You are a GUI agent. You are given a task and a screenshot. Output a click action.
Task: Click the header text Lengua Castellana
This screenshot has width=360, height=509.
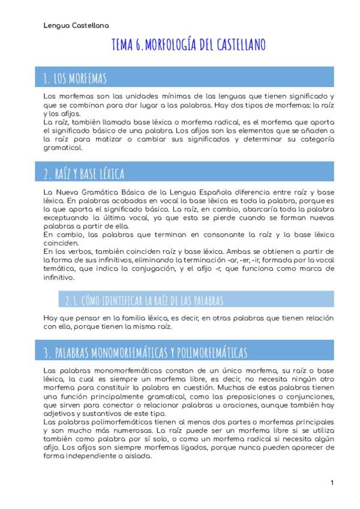pyautogui.click(x=76, y=26)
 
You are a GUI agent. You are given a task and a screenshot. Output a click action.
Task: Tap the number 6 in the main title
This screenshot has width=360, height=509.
pyautogui.click(x=139, y=45)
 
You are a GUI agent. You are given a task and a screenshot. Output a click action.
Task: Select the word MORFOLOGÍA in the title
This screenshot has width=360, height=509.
pyautogui.click(x=174, y=45)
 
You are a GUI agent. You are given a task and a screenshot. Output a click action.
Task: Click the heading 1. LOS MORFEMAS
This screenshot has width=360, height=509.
pyautogui.click(x=75, y=78)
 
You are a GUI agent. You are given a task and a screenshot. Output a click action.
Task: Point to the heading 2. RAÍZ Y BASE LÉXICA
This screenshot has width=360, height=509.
pyautogui.click(x=84, y=174)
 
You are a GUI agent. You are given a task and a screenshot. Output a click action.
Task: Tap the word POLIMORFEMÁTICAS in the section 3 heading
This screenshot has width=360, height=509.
pyautogui.click(x=205, y=352)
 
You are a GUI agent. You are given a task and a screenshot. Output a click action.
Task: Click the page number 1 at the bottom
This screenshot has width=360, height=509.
pyautogui.click(x=332, y=483)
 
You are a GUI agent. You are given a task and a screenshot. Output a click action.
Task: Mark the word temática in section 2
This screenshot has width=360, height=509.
pyautogui.click(x=58, y=270)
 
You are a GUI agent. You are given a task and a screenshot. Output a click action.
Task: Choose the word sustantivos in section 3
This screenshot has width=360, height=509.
pyautogui.click(x=104, y=414)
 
